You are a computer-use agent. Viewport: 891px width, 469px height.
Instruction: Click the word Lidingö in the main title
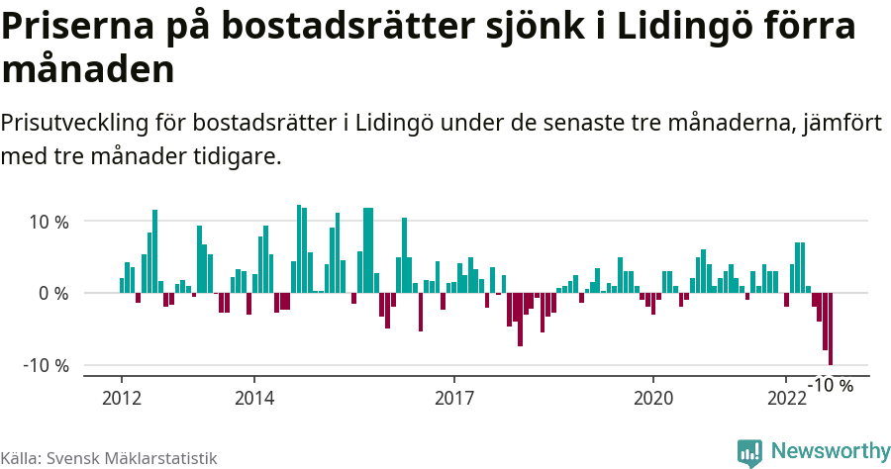tap(681, 28)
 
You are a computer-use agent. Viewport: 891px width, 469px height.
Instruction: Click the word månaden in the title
tap(89, 70)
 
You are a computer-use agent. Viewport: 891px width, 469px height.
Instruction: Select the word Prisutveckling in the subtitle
tap(73, 124)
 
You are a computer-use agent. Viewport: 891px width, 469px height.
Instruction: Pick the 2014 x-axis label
tap(254, 398)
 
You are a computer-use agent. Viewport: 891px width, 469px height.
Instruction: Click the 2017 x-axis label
tap(454, 398)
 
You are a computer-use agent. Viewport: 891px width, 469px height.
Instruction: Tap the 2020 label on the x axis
tap(653, 398)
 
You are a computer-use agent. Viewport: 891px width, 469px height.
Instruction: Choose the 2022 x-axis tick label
tap(787, 398)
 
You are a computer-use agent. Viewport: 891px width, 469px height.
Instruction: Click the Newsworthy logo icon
tap(749, 452)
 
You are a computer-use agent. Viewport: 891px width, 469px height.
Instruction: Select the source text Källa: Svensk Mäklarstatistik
tap(109, 458)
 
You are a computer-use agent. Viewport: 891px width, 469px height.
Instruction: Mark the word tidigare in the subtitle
tap(239, 156)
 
